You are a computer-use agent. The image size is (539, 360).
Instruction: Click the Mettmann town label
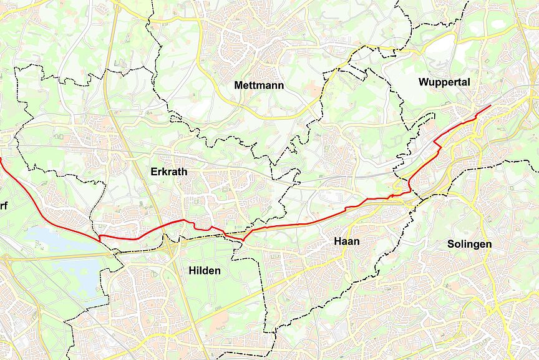coord(259,85)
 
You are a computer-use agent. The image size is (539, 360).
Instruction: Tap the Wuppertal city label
coord(444,82)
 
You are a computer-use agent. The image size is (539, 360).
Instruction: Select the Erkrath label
coord(169,171)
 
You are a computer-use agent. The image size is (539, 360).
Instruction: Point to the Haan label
coord(347,241)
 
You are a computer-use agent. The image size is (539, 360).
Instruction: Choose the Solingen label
coord(469,244)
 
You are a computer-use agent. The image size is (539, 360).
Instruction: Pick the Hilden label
coord(204,270)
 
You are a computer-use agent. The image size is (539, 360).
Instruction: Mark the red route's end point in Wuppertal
coord(490,105)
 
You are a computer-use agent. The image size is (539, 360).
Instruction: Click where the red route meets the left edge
coord(1,159)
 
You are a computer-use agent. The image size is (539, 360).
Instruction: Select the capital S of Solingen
coord(450,244)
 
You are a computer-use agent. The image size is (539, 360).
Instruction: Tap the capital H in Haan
coord(337,241)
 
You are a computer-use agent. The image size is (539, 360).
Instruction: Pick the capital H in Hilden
coord(192,270)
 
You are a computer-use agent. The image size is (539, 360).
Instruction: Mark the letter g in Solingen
coord(477,245)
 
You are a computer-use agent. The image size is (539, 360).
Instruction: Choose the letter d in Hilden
coord(205,270)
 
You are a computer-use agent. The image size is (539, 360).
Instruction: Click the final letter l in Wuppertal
coord(469,82)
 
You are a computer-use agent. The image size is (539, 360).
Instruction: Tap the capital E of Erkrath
coord(154,171)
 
